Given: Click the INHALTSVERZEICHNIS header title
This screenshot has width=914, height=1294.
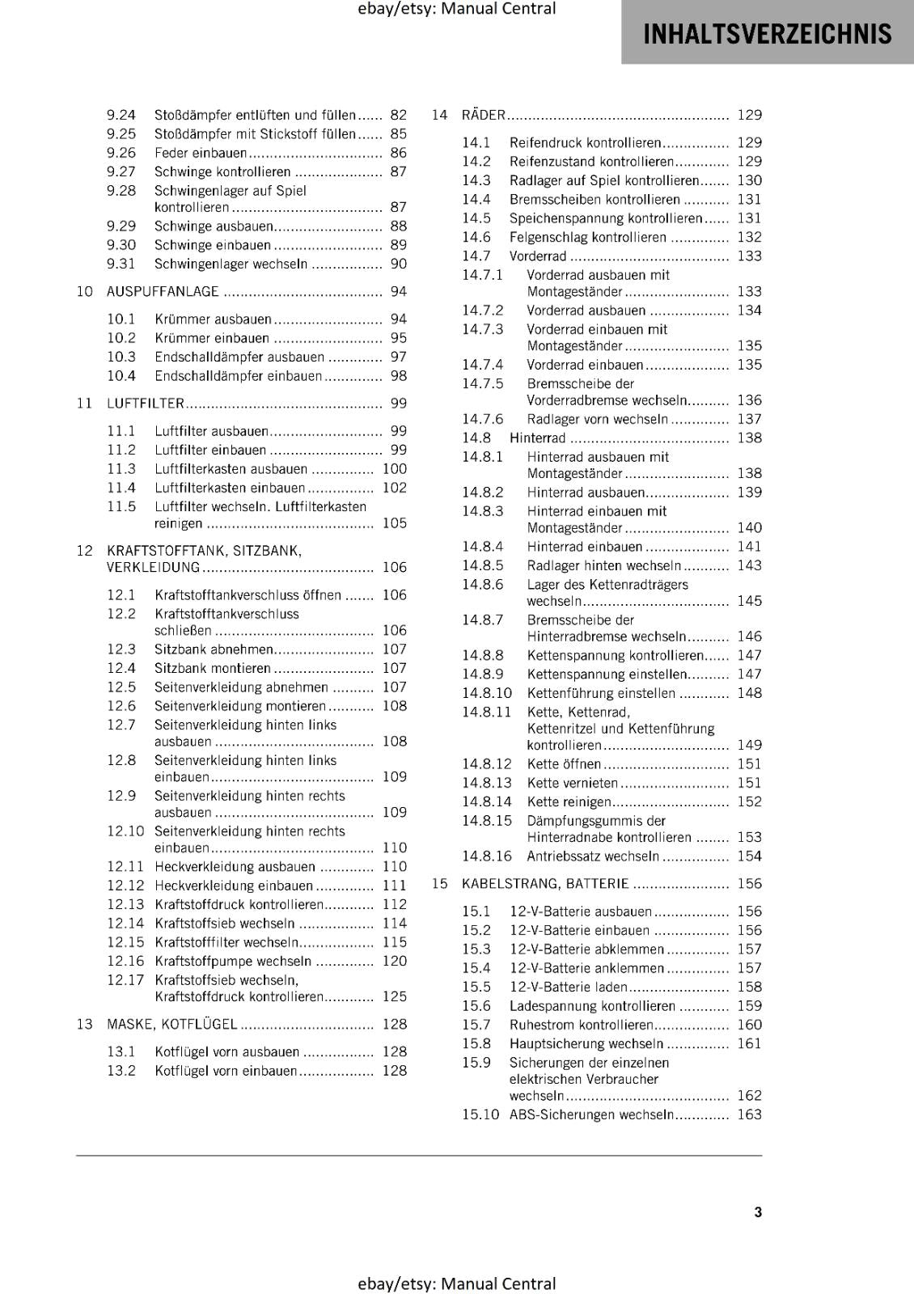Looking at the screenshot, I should click(x=767, y=34).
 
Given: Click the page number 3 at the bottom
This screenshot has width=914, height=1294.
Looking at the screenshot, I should click(x=758, y=1212).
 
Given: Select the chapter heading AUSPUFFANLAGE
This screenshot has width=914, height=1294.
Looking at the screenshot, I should click(x=163, y=291).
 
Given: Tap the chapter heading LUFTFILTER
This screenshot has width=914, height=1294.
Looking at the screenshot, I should click(x=146, y=403).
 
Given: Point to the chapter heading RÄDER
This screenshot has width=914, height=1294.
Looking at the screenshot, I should click(x=483, y=115).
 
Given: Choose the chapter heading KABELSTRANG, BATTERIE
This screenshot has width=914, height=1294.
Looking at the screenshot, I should click(x=545, y=883).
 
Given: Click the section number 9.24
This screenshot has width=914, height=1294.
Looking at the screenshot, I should click(x=121, y=115).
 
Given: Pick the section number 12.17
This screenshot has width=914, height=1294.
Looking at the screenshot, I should click(x=125, y=980).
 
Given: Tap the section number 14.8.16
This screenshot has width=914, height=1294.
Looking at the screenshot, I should click(x=487, y=856).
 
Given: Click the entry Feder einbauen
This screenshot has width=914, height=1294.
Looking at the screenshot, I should click(x=201, y=153).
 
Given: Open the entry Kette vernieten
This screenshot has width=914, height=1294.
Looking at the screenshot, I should click(x=572, y=782).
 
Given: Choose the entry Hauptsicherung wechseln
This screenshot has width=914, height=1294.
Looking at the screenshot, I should click(x=586, y=1043).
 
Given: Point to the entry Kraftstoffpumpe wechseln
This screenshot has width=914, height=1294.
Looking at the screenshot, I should click(x=233, y=961).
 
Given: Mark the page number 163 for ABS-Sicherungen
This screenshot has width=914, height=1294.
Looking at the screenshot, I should click(x=750, y=1114).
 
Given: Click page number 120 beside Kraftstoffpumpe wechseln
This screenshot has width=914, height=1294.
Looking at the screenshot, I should click(x=395, y=961).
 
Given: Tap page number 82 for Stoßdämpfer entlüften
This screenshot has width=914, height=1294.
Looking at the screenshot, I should click(x=399, y=115).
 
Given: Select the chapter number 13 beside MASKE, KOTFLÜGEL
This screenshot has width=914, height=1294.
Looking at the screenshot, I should click(x=85, y=1024).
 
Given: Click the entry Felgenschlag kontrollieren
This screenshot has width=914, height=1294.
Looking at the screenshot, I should click(x=587, y=237).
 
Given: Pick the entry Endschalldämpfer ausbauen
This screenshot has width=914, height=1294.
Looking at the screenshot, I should click(x=239, y=357).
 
